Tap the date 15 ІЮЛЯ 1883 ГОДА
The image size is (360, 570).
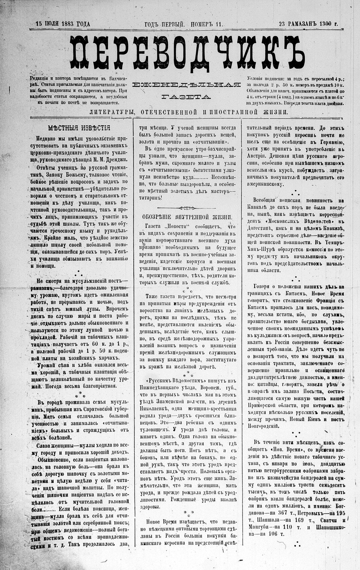pyautogui.click(x=63, y=24)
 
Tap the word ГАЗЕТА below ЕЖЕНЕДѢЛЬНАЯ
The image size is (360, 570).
pyautogui.click(x=186, y=97)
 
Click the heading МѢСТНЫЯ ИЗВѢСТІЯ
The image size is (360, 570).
pyautogui.click(x=79, y=128)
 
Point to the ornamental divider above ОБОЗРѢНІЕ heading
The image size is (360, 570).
pyautogui.click(x=187, y=208)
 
